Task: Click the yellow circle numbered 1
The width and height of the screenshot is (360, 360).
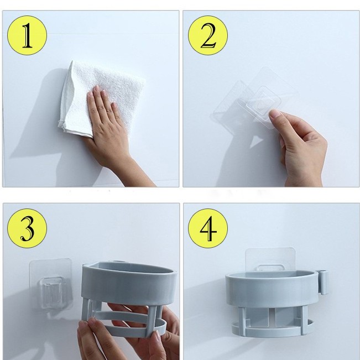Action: pos(27,35)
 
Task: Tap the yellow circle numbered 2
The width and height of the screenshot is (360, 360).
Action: pos(208,35)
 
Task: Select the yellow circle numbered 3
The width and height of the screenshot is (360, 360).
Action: pos(27,228)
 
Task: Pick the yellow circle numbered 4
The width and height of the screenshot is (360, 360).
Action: pos(208,228)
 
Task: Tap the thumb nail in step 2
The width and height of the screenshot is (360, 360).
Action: pos(275,114)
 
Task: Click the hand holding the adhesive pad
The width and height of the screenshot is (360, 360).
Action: pos(301,147)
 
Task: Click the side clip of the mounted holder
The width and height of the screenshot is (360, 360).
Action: pos(323,282)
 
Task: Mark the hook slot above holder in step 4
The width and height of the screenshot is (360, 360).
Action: pos(270,268)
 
